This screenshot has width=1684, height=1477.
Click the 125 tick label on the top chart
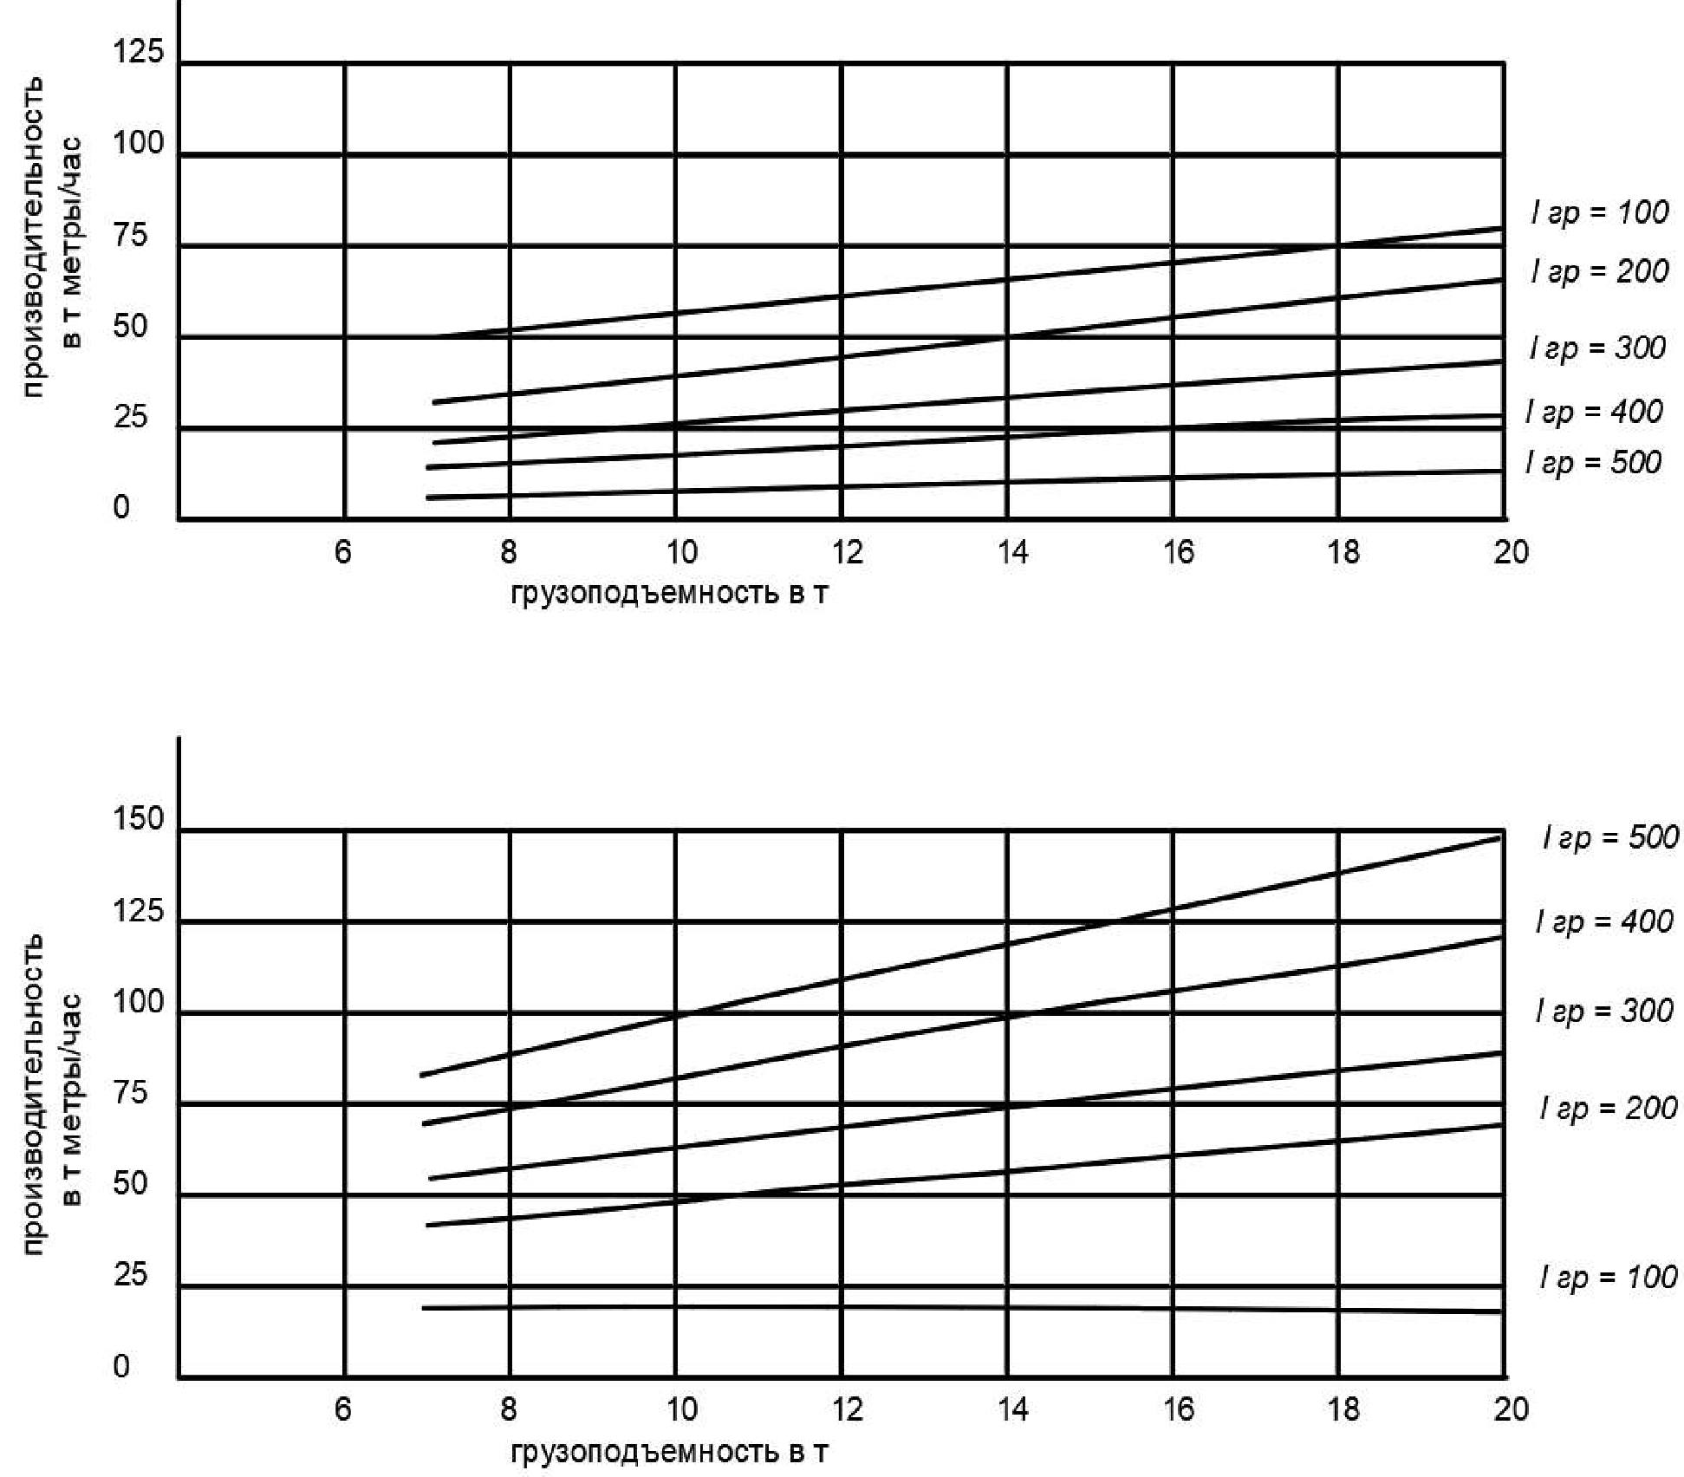click(138, 52)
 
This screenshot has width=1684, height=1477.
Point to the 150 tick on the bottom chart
click(138, 819)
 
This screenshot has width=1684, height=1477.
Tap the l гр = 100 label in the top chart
click(1599, 212)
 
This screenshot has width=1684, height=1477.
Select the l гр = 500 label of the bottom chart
click(1610, 837)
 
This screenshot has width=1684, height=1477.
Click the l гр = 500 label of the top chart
click(1593, 463)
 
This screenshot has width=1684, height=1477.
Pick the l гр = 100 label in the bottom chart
click(1608, 1277)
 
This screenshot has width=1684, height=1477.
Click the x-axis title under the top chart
click(669, 594)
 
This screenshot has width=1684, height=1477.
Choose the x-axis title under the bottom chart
click(669, 1453)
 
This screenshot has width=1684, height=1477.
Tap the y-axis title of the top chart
click(52, 237)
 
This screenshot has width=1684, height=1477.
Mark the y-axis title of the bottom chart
click(52, 1094)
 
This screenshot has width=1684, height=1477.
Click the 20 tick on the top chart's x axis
click(1511, 552)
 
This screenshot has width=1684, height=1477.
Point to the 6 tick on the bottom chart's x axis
click(343, 1409)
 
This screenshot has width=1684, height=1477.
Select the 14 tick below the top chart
click(1011, 552)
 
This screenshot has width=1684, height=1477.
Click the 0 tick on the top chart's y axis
click(121, 507)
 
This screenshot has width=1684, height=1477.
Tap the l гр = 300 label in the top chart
click(1597, 348)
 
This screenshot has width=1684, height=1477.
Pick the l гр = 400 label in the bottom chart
click(1603, 921)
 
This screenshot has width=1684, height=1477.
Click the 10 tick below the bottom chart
click(681, 1409)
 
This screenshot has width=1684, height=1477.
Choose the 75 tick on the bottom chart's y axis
click(131, 1093)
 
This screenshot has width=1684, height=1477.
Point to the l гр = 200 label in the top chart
click(1599, 272)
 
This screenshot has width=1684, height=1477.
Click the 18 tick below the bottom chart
click(1343, 1409)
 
